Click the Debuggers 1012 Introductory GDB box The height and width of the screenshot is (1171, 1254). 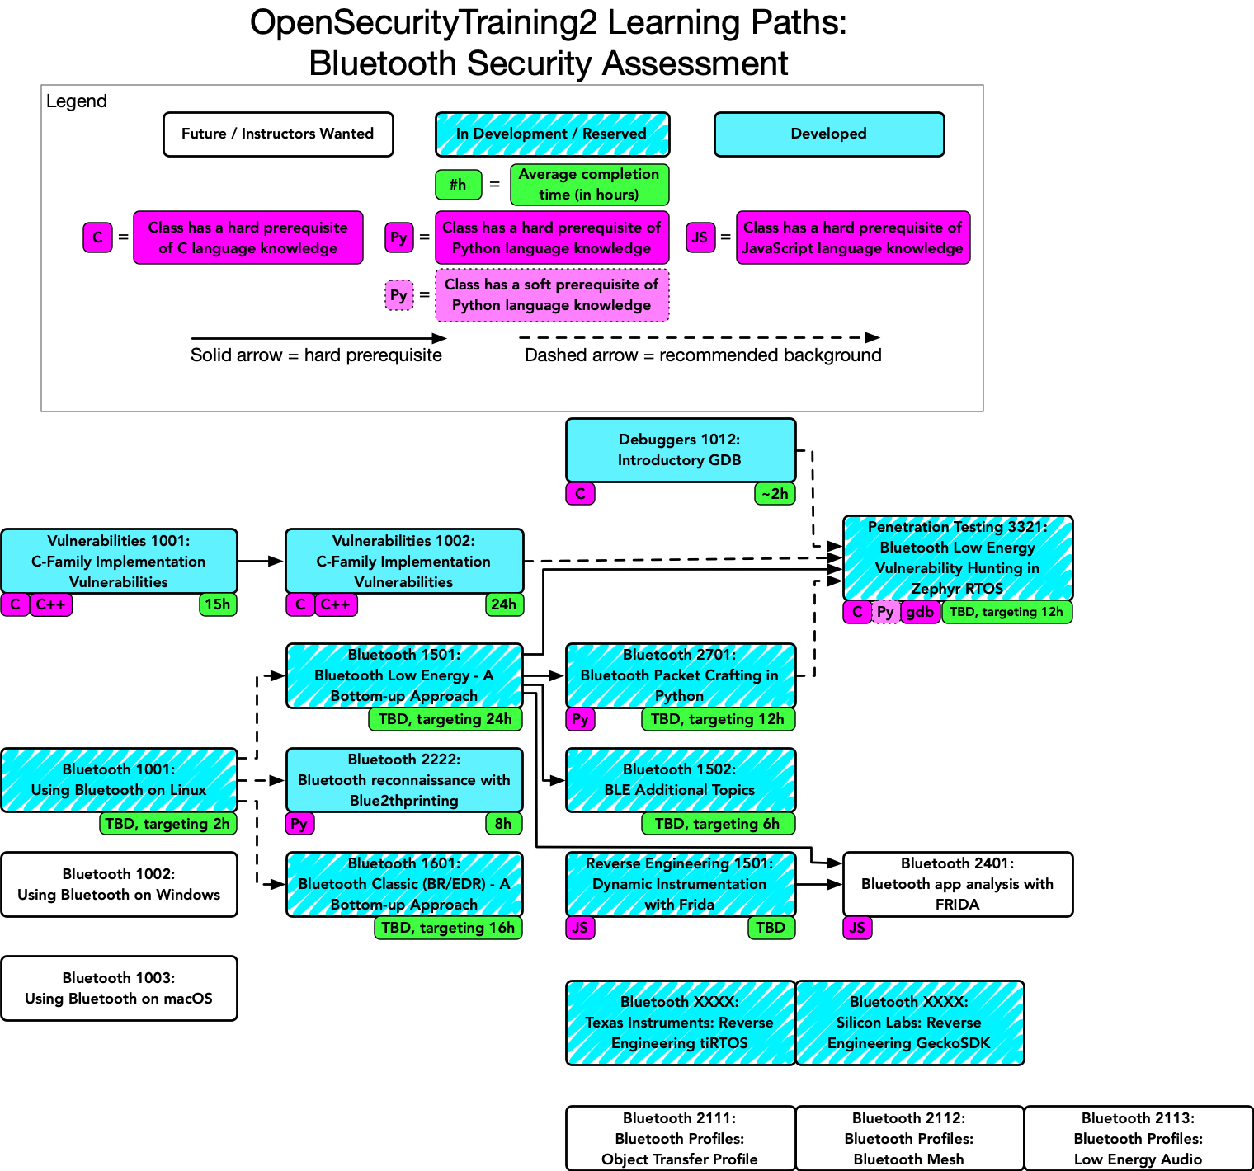pyautogui.click(x=681, y=450)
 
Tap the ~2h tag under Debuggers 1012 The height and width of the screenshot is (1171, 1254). pyautogui.click(x=775, y=494)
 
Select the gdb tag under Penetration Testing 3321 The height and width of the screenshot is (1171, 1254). pyautogui.click(x=920, y=612)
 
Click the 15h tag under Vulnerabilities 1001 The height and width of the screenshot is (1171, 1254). pyautogui.click(x=218, y=604)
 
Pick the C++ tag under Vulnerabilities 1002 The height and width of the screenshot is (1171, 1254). pyautogui.click(x=336, y=604)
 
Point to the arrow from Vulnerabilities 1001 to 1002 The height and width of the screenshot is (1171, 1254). pyautogui.click(x=261, y=562)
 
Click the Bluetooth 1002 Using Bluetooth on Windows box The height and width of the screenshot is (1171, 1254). pyautogui.click(x=119, y=884)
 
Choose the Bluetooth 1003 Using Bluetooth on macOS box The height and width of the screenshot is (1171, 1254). pyautogui.click(x=119, y=988)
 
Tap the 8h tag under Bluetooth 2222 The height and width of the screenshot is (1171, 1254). pyautogui.click(x=503, y=823)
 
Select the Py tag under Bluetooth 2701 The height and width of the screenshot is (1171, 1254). pyautogui.click(x=580, y=719)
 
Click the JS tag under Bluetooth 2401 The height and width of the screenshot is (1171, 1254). pyautogui.click(x=857, y=928)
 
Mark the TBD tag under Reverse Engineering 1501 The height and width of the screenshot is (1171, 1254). pyautogui.click(x=771, y=928)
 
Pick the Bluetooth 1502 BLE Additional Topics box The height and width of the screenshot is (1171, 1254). pyautogui.click(x=681, y=780)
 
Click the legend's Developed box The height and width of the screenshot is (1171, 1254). pyautogui.click(x=828, y=134)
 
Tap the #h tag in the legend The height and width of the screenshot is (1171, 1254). pyautogui.click(x=458, y=185)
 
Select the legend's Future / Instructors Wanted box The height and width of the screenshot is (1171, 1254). pyautogui.click(x=278, y=134)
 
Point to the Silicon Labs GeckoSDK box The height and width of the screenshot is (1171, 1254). pyautogui.click(x=909, y=1023)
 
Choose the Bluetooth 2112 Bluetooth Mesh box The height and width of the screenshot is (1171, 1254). pyautogui.click(x=909, y=1138)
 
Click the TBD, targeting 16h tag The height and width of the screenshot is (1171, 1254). pyautogui.click(x=448, y=928)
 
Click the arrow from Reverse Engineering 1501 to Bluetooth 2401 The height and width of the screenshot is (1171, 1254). pyautogui.click(x=819, y=884)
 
